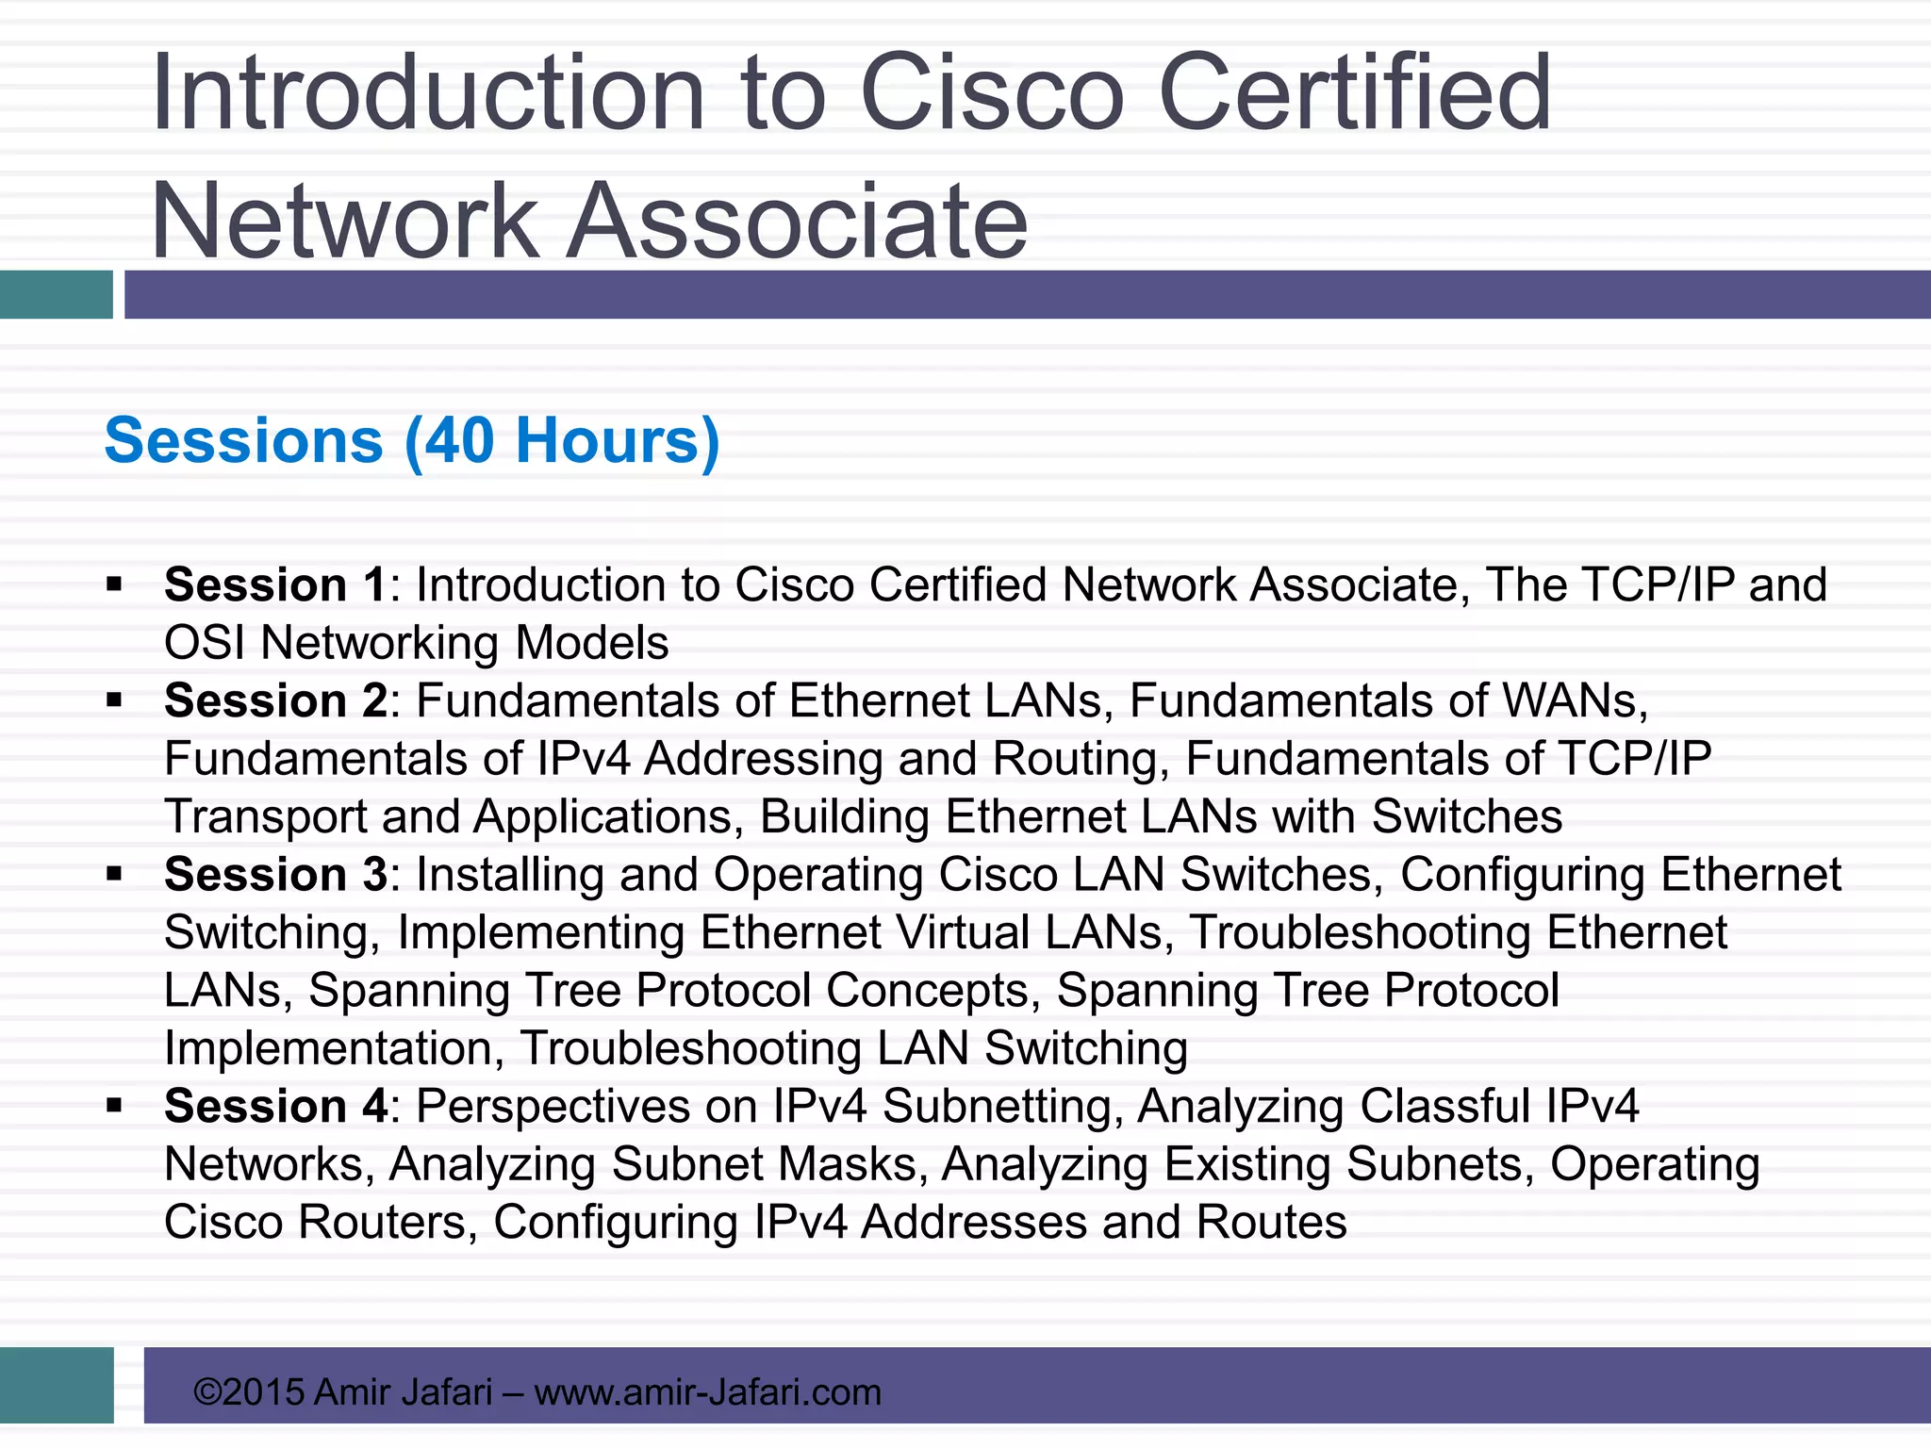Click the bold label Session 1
pyautogui.click(x=274, y=585)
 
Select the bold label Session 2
pyautogui.click(x=274, y=701)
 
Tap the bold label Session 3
pyautogui.click(x=274, y=875)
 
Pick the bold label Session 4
pyautogui.click(x=274, y=1107)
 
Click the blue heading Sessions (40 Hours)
pyautogui.click(x=412, y=441)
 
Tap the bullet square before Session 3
pyautogui.click(x=115, y=875)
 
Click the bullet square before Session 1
pyautogui.click(x=115, y=585)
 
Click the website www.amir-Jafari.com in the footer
pyautogui.click(x=707, y=1392)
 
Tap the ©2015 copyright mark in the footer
pyautogui.click(x=248, y=1392)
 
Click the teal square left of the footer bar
pyautogui.click(x=57, y=1385)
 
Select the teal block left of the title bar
pyautogui.click(x=57, y=294)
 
